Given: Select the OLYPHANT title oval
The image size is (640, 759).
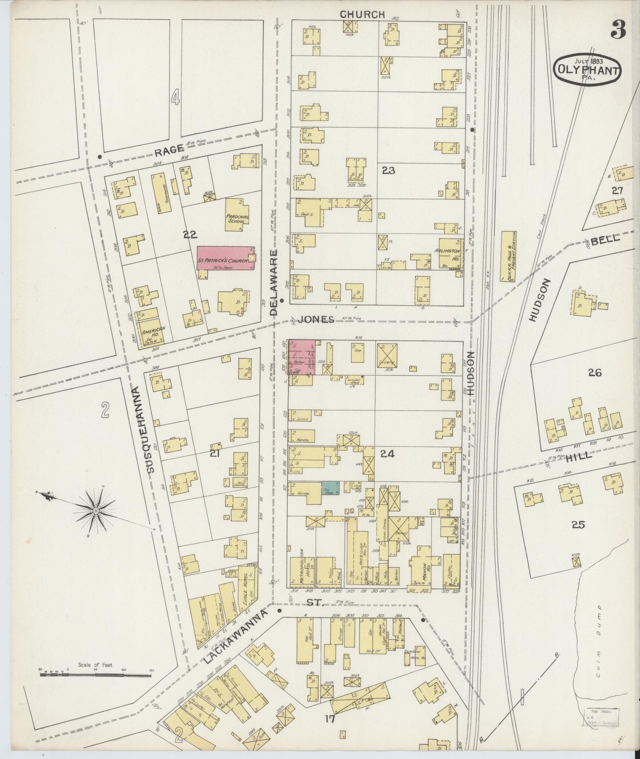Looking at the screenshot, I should (x=587, y=70).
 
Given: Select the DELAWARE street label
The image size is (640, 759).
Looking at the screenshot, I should (x=274, y=282).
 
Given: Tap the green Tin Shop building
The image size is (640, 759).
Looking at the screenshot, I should (x=330, y=488).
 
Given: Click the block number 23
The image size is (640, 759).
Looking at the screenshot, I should (x=388, y=170).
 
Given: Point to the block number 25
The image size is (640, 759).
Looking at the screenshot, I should (x=578, y=525).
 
